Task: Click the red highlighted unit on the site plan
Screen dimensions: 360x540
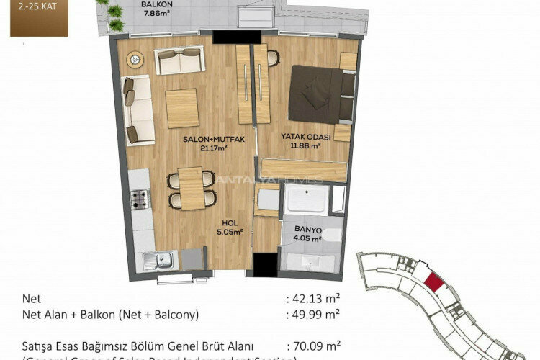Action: [x=433, y=282]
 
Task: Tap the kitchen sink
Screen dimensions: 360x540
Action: [x=160, y=259]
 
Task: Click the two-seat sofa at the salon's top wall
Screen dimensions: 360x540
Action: [x=179, y=62]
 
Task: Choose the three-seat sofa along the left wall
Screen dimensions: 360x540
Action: [x=136, y=110]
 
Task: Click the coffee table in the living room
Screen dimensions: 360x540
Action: [x=181, y=109]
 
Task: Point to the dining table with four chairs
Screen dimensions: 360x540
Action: [x=192, y=188]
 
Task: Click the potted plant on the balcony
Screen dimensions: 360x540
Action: [x=113, y=12]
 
